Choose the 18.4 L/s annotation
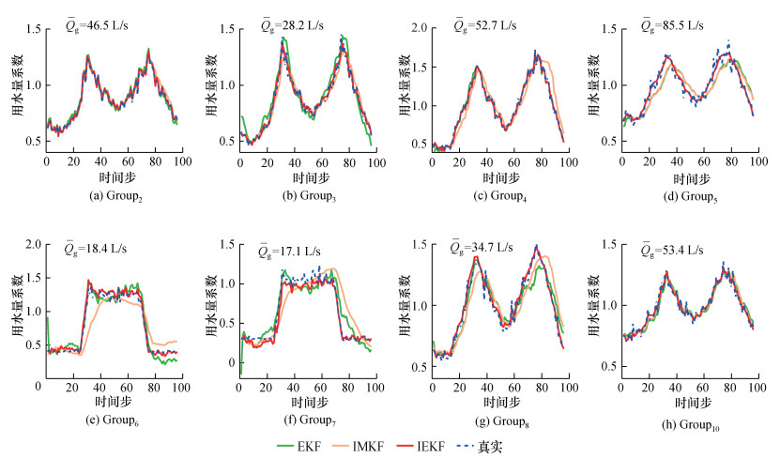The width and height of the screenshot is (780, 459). pyautogui.click(x=95, y=249)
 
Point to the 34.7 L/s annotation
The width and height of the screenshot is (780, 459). pyautogui.click(x=482, y=249)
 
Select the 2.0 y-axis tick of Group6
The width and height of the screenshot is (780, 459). pyautogui.click(x=29, y=245)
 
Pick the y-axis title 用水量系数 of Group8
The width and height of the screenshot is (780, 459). pyautogui.click(x=402, y=305)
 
